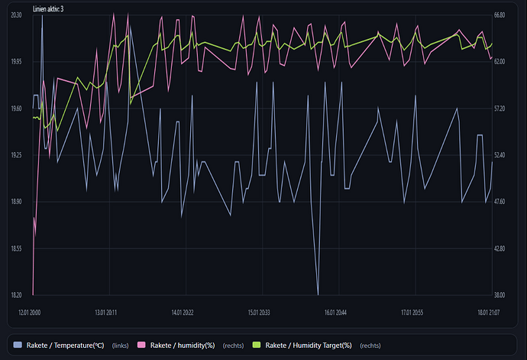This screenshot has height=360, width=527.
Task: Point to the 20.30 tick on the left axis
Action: [x=16, y=15]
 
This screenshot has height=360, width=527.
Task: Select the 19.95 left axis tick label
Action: [x=16, y=61]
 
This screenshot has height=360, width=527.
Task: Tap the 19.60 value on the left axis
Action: [x=16, y=109]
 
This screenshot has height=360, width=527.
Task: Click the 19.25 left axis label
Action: [x=16, y=155]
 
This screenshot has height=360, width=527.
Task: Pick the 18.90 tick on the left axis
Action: [x=16, y=202]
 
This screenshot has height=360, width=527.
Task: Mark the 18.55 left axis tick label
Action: [x=16, y=248]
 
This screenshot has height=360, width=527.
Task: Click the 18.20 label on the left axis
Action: [x=16, y=295]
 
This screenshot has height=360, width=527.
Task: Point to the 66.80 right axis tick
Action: [x=500, y=15]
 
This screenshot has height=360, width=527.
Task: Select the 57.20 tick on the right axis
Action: [x=500, y=109]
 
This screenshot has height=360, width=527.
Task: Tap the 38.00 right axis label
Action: [x=500, y=295]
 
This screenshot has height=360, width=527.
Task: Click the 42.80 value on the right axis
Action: [x=500, y=248]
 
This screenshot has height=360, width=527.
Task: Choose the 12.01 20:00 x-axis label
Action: [x=30, y=312]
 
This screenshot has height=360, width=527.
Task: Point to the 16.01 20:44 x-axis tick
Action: [x=335, y=312]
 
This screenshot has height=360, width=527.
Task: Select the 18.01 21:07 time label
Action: [x=488, y=312]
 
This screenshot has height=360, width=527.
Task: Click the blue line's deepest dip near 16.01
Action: [x=318, y=294]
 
